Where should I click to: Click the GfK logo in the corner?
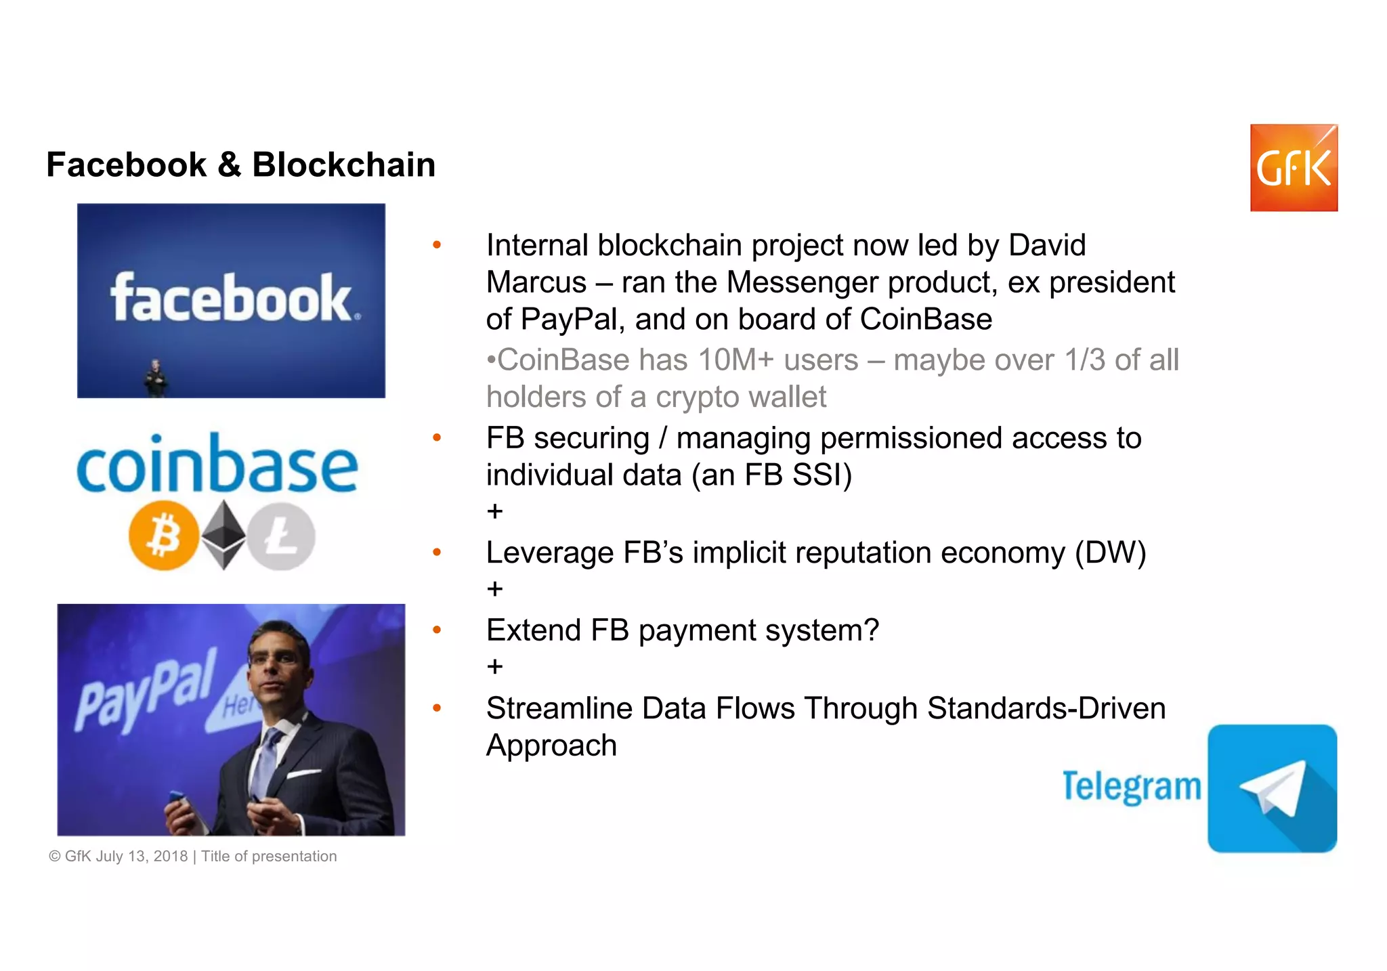click(1293, 168)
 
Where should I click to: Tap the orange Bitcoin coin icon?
click(163, 535)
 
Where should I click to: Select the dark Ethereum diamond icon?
click(224, 534)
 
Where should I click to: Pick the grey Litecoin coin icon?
click(281, 536)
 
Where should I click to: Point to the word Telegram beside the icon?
click(1131, 787)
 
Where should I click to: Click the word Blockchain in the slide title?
click(343, 165)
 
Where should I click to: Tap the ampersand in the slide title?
click(229, 165)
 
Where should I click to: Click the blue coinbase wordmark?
click(217, 465)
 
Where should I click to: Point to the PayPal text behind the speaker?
click(146, 691)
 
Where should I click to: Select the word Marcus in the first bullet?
click(536, 282)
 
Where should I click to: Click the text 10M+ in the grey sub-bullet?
click(735, 360)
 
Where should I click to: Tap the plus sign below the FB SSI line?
click(494, 511)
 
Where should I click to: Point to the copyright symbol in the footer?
click(55, 857)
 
